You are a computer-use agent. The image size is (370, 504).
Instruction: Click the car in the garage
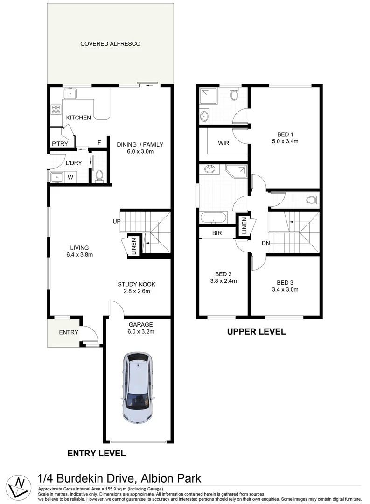point(137,388)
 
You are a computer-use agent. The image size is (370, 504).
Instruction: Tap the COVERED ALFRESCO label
point(110,44)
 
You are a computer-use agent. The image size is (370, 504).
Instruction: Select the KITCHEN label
point(78,118)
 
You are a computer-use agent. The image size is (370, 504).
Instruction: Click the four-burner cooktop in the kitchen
point(56,110)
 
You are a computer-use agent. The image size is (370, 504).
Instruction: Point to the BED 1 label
point(285,133)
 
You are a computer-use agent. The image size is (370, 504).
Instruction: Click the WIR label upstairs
point(223,143)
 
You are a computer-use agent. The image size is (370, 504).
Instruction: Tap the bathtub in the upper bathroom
point(213,218)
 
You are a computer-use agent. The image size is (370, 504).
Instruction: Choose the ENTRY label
point(69,332)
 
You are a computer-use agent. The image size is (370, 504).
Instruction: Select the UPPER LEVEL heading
point(256,332)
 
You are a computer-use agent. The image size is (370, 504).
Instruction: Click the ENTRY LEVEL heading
point(96,453)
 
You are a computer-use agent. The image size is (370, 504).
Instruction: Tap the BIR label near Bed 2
point(216,232)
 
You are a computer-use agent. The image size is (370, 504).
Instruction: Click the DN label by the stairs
point(266,243)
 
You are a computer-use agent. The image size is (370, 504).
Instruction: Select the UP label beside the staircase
point(116,221)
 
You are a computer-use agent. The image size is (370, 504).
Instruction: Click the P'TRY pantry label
point(60,144)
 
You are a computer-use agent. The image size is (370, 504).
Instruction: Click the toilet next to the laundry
point(99,176)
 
